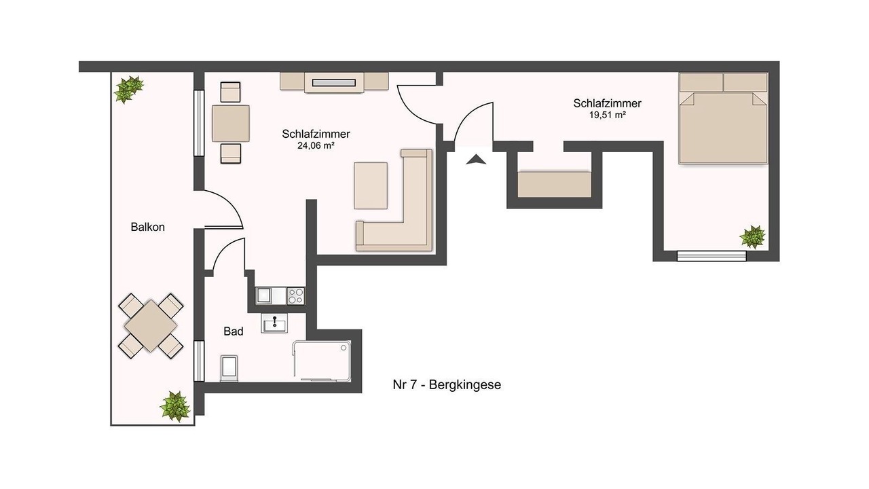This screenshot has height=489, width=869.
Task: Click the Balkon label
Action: (x=147, y=227)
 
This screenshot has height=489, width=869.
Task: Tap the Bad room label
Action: (x=233, y=331)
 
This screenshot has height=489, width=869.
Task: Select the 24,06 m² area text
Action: (x=316, y=145)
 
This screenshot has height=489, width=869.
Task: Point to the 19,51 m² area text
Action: (x=607, y=115)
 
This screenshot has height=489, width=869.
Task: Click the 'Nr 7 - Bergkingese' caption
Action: (x=447, y=385)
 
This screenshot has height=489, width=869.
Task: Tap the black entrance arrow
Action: (x=476, y=160)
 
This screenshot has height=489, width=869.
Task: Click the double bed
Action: (x=723, y=118)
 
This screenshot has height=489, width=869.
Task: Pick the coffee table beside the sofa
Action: (x=371, y=185)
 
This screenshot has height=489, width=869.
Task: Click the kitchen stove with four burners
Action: (x=295, y=295)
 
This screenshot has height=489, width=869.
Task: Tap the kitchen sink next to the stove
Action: (x=264, y=295)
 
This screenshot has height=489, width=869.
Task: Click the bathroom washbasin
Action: (x=274, y=323)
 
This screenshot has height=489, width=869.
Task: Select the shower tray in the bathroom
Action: (x=322, y=360)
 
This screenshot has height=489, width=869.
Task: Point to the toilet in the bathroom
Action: (x=229, y=367)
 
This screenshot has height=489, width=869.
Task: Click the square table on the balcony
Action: (x=151, y=326)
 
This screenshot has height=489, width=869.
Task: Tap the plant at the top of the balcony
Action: (x=128, y=89)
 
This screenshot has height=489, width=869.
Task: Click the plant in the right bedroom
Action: (x=752, y=237)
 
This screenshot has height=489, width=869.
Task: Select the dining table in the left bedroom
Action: (x=230, y=124)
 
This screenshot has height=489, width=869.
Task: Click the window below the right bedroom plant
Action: (x=711, y=256)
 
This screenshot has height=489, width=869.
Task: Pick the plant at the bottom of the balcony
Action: (x=175, y=406)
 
